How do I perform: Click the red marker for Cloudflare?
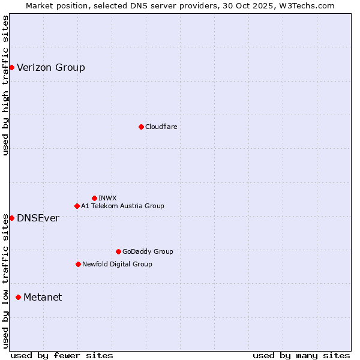click(x=141, y=127)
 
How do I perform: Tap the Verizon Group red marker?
click(x=11, y=67)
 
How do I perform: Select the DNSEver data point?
click(x=11, y=218)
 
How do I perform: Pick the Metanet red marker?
click(x=18, y=297)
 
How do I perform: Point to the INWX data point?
click(x=94, y=198)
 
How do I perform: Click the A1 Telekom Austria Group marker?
click(x=77, y=206)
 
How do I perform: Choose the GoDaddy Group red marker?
click(x=118, y=251)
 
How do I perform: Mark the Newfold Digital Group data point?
click(x=78, y=264)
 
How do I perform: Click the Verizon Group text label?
click(x=51, y=67)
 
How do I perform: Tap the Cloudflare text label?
click(x=161, y=127)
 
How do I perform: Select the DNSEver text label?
click(x=38, y=218)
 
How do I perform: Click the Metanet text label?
click(x=43, y=297)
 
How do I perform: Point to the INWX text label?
click(x=107, y=198)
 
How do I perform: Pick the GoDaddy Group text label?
click(x=148, y=251)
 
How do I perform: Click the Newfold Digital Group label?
click(x=117, y=264)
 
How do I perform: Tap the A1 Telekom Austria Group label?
click(x=122, y=206)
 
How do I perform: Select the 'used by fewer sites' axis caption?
click(x=62, y=355)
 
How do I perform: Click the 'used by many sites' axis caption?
click(x=301, y=355)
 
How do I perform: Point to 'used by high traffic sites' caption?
click(x=5, y=85)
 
